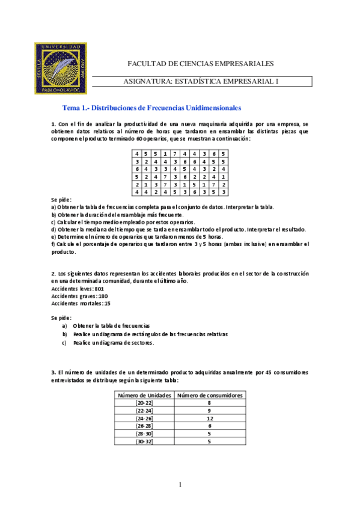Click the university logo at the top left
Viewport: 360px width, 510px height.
pos(63,68)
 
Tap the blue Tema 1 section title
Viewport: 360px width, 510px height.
pos(152,108)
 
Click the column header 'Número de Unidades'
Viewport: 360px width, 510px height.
pos(144,396)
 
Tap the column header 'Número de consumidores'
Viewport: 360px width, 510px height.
pos(210,396)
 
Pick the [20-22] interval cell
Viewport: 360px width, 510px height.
pos(144,403)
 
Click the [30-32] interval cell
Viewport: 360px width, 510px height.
pos(144,441)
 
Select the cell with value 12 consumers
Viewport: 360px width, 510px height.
pos(210,418)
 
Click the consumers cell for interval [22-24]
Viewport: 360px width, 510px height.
pos(210,411)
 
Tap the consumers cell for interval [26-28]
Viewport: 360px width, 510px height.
pos(210,426)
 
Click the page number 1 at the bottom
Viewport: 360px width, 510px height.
pos(180,485)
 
